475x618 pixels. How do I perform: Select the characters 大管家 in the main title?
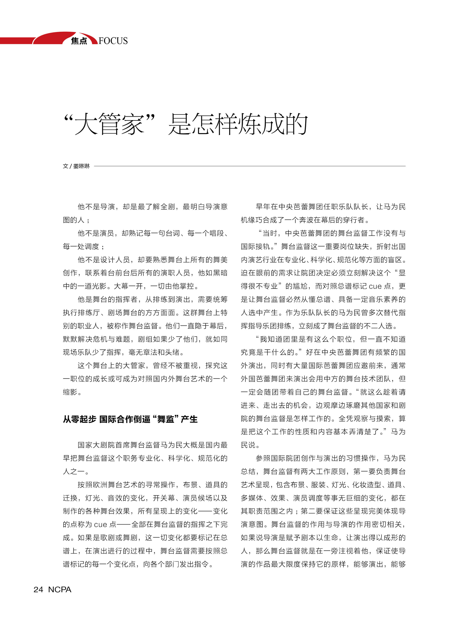[109, 124]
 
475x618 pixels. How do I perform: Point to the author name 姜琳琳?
[81, 166]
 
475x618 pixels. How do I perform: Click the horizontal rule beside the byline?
[249, 166]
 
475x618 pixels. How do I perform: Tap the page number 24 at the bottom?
[38, 589]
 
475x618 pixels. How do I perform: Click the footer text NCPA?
[60, 589]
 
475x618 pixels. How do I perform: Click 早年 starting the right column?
[263, 207]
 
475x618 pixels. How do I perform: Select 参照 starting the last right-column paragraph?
[263, 458]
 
